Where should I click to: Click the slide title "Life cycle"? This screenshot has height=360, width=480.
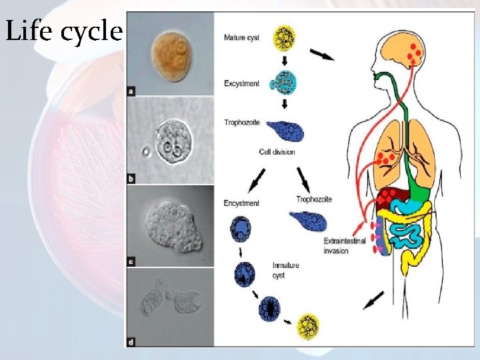[63, 31]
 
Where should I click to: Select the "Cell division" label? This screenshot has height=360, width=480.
[277, 152]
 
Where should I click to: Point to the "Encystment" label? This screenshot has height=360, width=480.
[241, 203]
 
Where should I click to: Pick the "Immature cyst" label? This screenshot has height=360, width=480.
[285, 269]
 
